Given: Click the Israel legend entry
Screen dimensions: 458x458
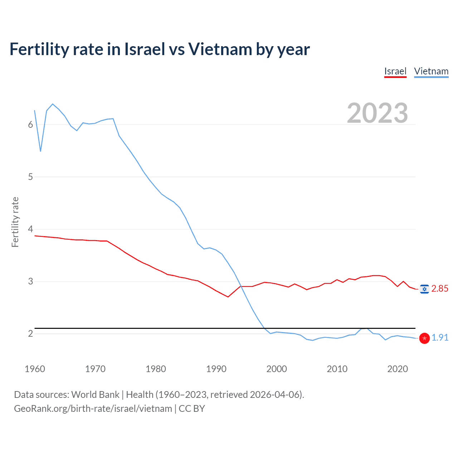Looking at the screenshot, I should click(x=395, y=71).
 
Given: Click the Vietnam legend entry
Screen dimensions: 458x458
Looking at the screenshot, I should click(x=431, y=71).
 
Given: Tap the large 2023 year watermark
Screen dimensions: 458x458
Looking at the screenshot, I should click(x=377, y=113).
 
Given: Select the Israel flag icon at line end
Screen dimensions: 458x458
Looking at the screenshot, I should click(x=424, y=289).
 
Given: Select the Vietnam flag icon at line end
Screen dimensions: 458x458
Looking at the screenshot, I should click(x=424, y=338).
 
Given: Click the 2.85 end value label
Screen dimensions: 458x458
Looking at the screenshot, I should click(x=440, y=289).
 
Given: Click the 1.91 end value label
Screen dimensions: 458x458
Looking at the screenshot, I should click(x=440, y=337).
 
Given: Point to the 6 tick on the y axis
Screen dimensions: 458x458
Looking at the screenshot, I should click(x=30, y=125).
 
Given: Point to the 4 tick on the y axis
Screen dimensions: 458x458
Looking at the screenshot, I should click(x=30, y=229).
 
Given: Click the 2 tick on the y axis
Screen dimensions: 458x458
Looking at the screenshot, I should click(x=30, y=333).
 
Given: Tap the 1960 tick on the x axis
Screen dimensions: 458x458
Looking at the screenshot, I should click(x=35, y=369).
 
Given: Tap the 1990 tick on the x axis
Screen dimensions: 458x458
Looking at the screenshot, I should click(x=216, y=369).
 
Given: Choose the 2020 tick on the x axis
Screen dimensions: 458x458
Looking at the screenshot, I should click(x=398, y=369).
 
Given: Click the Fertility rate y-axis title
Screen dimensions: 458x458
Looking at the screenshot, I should click(x=15, y=222).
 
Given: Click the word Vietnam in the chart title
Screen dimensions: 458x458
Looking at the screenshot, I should click(x=220, y=49).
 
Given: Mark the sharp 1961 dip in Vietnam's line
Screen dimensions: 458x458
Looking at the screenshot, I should click(x=40, y=151).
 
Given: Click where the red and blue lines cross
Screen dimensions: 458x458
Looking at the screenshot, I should click(x=241, y=286).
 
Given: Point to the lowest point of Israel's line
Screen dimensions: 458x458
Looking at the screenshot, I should click(x=228, y=297).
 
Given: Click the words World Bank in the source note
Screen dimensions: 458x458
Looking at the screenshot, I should click(x=95, y=395).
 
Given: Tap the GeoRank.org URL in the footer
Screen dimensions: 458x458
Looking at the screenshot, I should click(x=93, y=409).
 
